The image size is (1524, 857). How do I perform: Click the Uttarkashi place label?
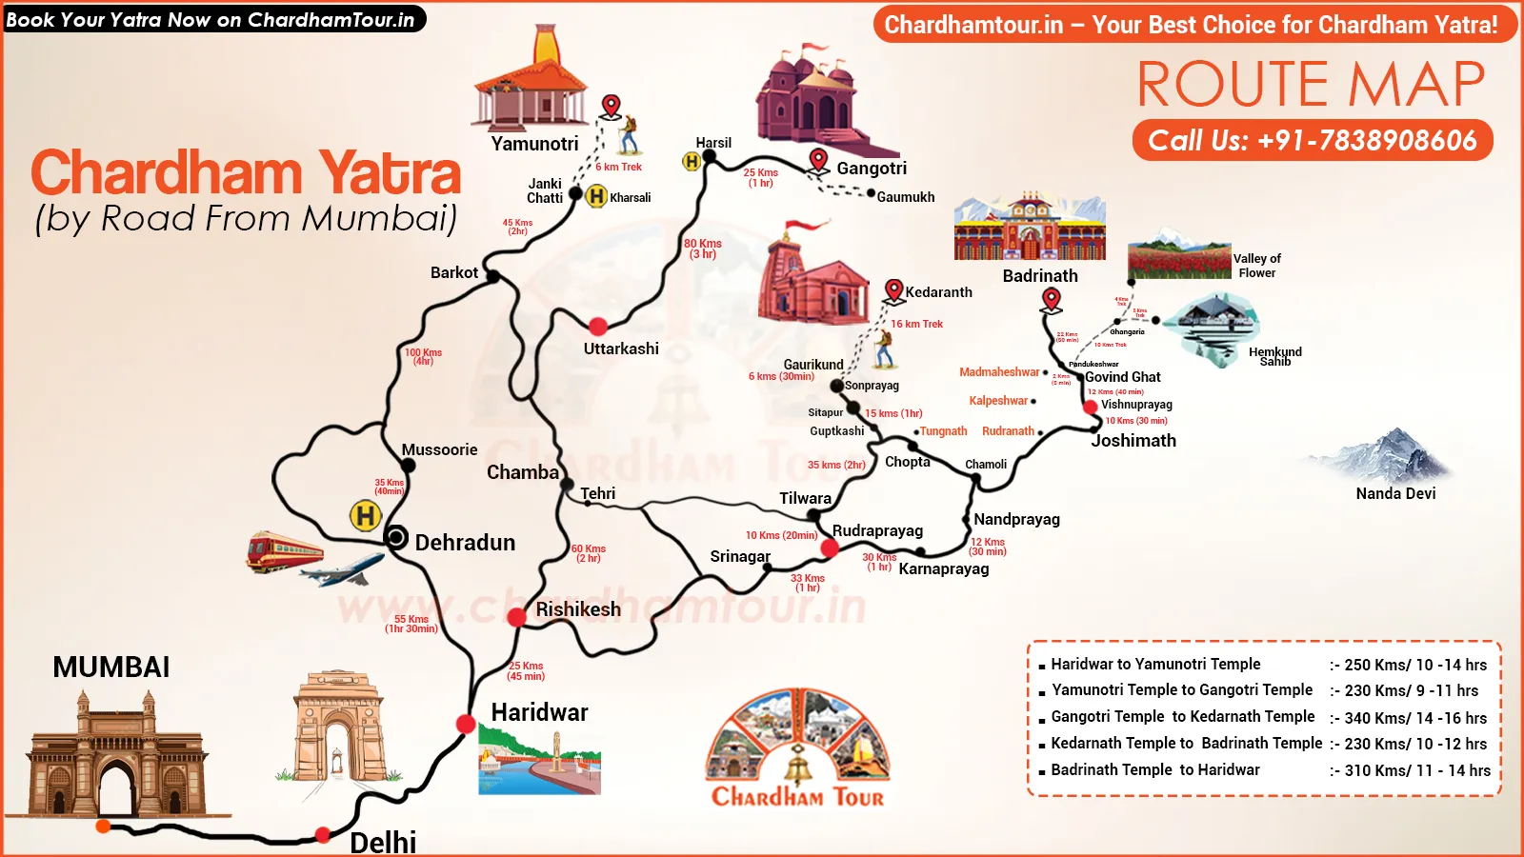621,349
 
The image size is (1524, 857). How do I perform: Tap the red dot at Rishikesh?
516,617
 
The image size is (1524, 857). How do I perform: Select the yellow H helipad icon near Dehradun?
365,516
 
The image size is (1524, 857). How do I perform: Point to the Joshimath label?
1133,441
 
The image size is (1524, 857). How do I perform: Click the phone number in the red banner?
1313,141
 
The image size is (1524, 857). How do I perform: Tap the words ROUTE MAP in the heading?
1311,84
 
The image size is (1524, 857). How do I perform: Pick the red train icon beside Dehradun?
284,551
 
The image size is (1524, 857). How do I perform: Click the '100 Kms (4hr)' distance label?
423,357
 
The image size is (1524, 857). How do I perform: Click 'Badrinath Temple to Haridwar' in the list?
1154,769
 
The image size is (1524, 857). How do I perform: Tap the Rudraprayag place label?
877,530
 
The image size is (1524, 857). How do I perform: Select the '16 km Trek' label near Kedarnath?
916,324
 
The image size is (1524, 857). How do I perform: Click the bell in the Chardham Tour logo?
798,764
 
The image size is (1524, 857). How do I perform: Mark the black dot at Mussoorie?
408,466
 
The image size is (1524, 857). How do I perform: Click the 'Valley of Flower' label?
1256,266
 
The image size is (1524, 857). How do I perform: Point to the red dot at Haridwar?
466,724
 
